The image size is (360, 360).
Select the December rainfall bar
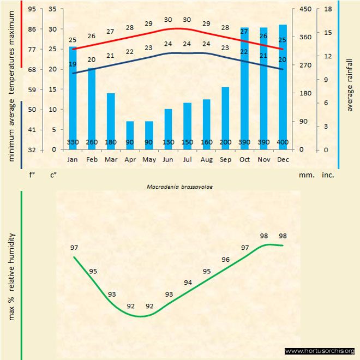tap(283, 87)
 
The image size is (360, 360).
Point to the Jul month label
tap(187, 160)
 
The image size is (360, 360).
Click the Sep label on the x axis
tap(225, 160)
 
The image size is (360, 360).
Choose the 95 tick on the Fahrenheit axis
tap(32, 9)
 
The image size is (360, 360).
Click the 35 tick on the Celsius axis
tap(52, 9)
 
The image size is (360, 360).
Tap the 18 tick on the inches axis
tap(328, 9)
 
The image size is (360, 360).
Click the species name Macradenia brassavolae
tap(179, 187)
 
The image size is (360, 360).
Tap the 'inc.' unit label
tap(328, 175)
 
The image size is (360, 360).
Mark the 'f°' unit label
tap(32, 175)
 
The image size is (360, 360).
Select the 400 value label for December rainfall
tap(283, 143)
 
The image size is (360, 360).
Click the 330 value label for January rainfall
tap(73, 143)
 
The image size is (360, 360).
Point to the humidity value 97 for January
tap(74, 248)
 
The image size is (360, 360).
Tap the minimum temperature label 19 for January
tap(73, 64)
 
